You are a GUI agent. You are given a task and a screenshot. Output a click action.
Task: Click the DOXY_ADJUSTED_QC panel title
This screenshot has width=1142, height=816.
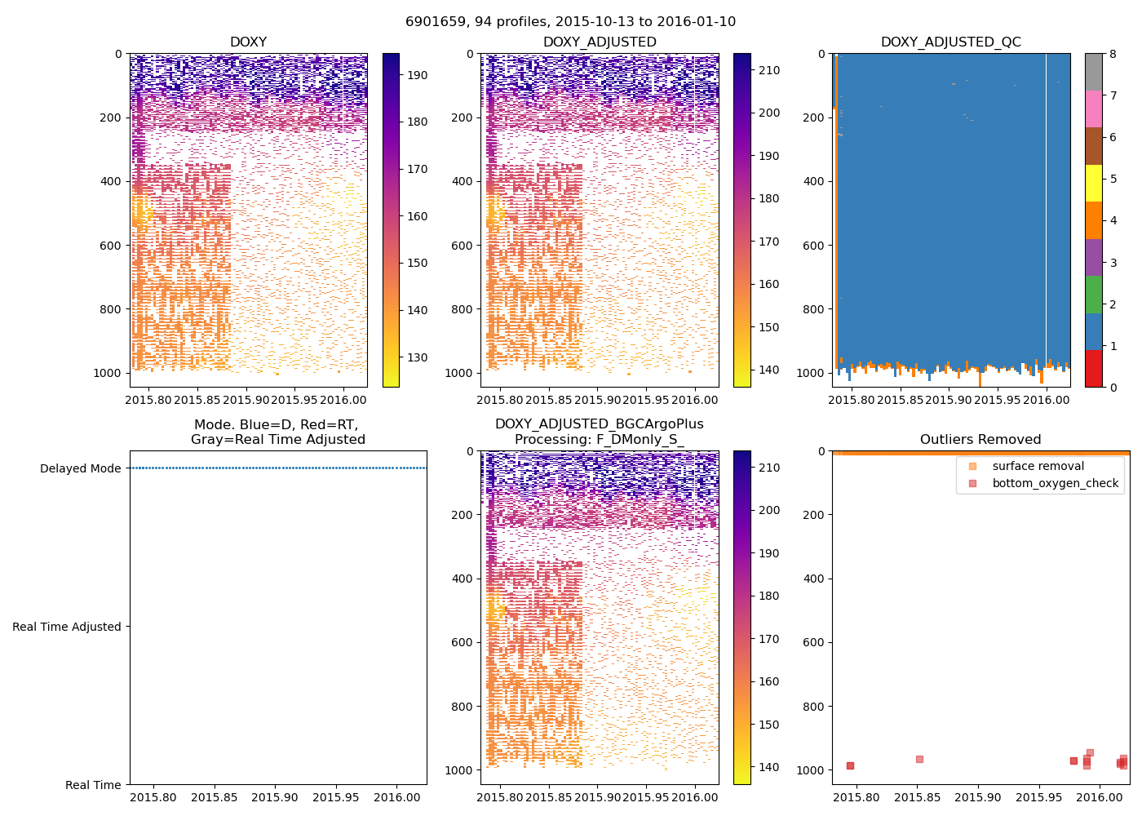tap(950, 42)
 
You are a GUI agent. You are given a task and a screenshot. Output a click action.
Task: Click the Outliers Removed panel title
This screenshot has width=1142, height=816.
tap(980, 440)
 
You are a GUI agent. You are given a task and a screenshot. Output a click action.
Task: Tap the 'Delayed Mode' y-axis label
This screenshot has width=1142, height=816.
tap(80, 468)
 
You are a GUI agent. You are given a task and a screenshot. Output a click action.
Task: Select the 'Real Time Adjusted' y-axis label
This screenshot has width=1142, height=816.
tap(66, 627)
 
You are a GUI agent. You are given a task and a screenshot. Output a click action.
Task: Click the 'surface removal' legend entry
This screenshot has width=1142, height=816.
tap(1038, 466)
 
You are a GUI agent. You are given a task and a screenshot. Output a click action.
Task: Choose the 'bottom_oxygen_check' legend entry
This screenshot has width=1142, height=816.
tap(1055, 483)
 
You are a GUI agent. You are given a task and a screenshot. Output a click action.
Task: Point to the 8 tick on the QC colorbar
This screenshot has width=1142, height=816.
tap(1113, 54)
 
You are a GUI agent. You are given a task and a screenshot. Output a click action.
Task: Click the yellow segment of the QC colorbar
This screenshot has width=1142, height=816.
tap(1093, 183)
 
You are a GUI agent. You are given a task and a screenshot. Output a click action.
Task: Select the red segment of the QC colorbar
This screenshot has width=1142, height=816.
tap(1093, 368)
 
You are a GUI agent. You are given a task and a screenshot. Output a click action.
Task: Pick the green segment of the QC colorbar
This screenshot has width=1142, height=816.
tap(1093, 294)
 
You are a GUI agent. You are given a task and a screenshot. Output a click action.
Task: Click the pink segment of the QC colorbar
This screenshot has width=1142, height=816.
tap(1093, 109)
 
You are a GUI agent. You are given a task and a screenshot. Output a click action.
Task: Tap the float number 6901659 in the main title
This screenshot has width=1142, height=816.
tap(434, 22)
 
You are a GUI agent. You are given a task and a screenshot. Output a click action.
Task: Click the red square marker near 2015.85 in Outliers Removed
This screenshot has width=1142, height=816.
tap(919, 759)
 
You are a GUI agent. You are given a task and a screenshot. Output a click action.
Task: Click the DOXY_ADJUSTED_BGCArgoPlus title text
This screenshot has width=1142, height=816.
tap(599, 424)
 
